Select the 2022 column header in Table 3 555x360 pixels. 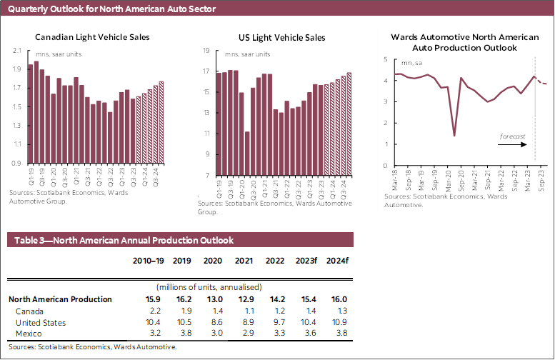click(274, 261)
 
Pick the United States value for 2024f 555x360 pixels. click(336, 323)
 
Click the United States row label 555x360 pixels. click(39, 323)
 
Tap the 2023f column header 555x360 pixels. click(305, 261)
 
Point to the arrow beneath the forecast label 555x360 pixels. click(513, 144)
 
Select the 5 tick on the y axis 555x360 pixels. click(385, 59)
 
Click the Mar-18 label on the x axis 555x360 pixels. click(395, 179)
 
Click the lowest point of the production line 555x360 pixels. click(454, 136)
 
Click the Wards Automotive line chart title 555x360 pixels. click(464, 41)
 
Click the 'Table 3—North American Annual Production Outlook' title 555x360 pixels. click(121, 241)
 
